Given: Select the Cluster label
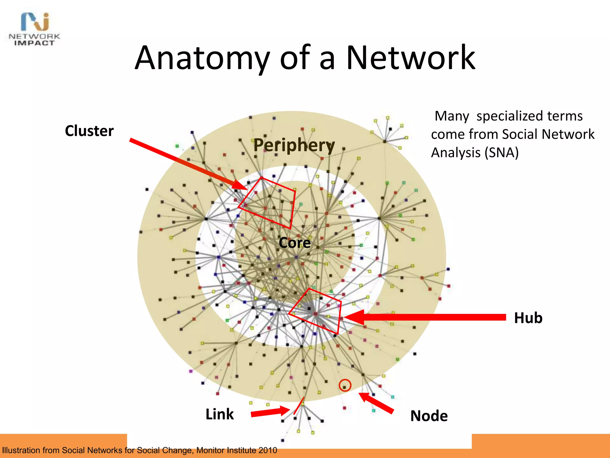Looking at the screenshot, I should point(89,131).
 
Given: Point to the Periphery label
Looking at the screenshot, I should point(294,145).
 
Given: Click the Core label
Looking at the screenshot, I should point(295,243).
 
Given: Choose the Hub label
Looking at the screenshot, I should point(528,318).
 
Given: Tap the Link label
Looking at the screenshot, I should point(220,414).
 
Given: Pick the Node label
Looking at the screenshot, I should point(429,416).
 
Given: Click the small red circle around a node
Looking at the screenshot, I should point(345,385).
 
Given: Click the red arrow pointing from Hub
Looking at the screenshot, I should point(426,317).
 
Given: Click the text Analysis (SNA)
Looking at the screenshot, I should point(475,153).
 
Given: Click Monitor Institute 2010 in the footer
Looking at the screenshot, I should point(236,450).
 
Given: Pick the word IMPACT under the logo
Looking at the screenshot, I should point(34,43).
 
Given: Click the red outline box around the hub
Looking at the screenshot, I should point(339,316).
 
